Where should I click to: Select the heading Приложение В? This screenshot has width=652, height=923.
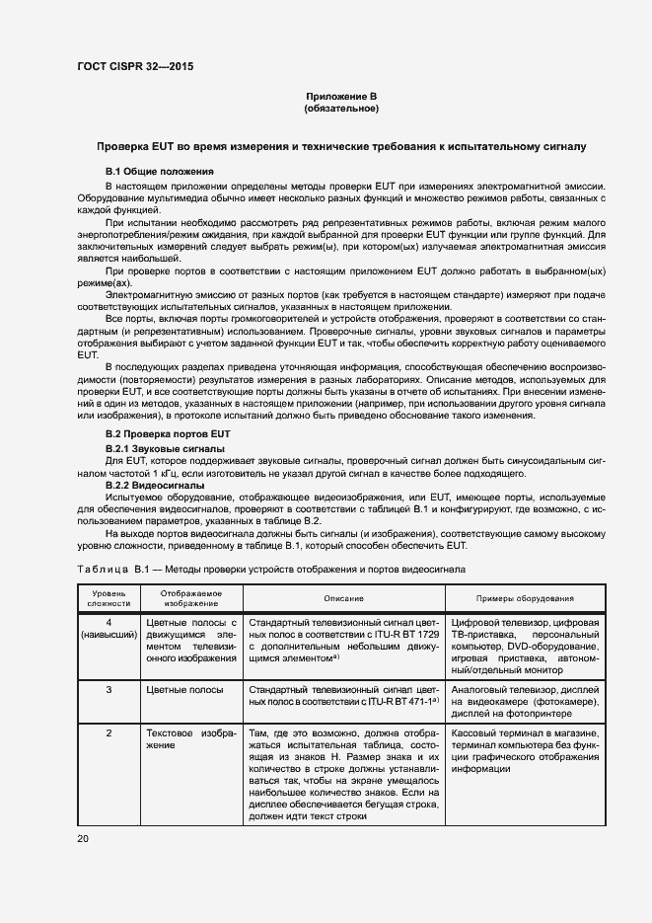(340, 95)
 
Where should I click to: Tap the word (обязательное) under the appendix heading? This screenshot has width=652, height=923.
(340, 108)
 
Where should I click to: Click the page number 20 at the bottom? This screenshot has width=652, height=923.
(83, 839)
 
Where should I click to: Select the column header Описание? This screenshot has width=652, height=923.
(344, 599)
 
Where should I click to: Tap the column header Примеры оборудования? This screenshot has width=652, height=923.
(526, 599)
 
